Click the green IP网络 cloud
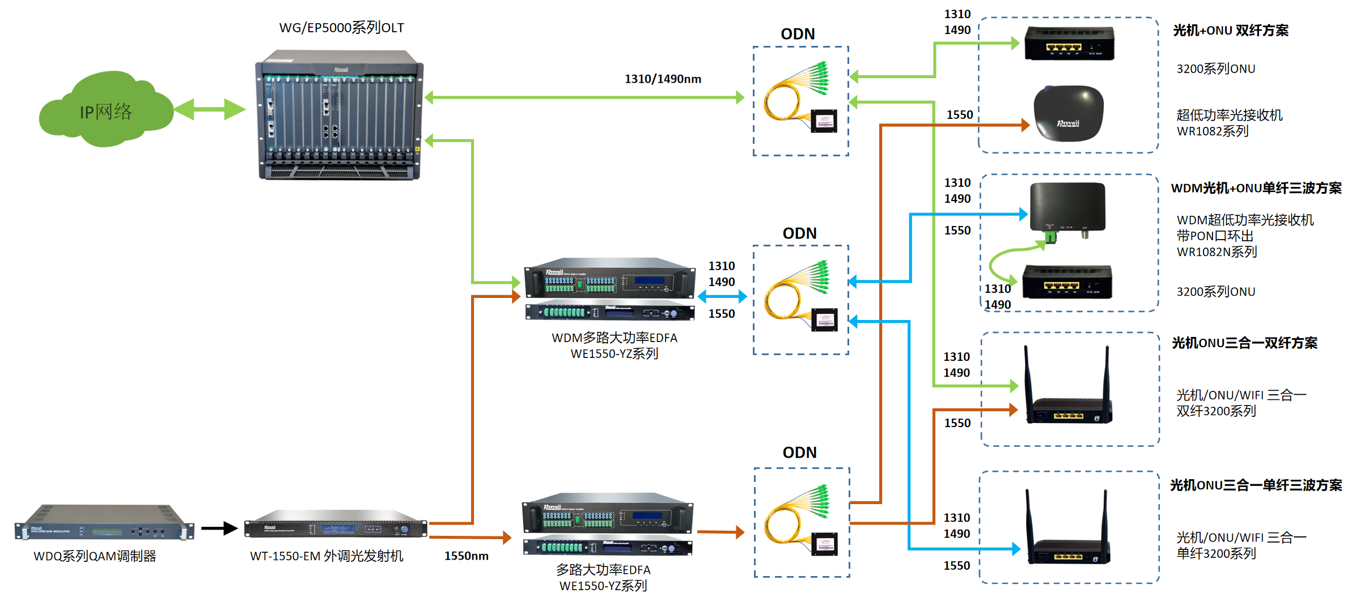click(105, 110)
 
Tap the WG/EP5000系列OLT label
click(341, 28)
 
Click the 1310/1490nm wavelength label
click(663, 79)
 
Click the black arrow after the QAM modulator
click(219, 528)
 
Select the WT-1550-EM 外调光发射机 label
click(327, 556)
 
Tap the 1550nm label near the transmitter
click(466, 556)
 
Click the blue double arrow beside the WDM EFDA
click(722, 296)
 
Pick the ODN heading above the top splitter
click(798, 34)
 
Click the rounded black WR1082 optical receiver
click(1069, 113)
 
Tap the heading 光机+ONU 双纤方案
click(1230, 31)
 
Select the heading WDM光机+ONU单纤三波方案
click(1256, 188)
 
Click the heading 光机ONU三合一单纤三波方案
click(1256, 485)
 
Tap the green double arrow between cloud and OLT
click(210, 109)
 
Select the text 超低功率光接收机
click(1229, 116)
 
